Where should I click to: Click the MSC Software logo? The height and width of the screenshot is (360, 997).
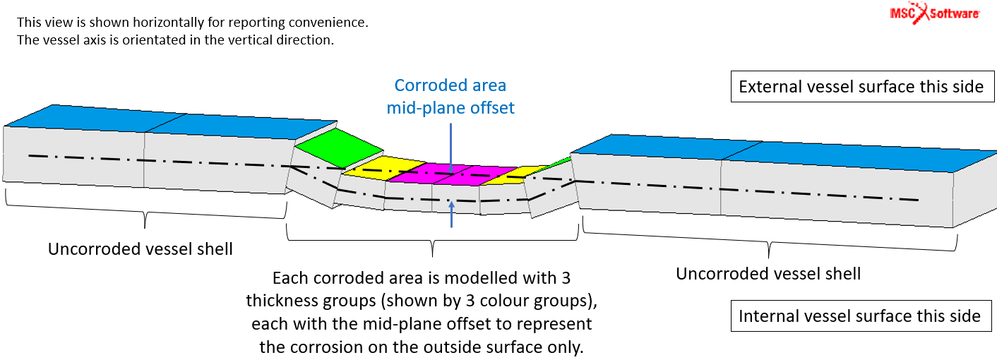pyautogui.click(x=935, y=13)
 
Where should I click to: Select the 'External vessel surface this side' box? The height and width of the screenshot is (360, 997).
pyautogui.click(x=862, y=86)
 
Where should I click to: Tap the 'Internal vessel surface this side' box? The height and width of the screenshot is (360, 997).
pyautogui.click(x=861, y=316)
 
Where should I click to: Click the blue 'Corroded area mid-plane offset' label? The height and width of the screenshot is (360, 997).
pyautogui.click(x=450, y=97)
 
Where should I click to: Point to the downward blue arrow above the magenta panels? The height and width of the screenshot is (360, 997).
pyautogui.click(x=451, y=148)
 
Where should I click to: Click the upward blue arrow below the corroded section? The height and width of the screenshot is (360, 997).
pyautogui.click(x=451, y=215)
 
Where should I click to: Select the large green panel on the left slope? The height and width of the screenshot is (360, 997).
pyautogui.click(x=339, y=148)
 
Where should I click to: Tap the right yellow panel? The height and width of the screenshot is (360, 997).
pyautogui.click(x=515, y=176)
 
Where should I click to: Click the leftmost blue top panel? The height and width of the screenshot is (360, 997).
pyautogui.click(x=95, y=119)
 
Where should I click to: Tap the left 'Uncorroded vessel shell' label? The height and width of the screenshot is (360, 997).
pyautogui.click(x=141, y=248)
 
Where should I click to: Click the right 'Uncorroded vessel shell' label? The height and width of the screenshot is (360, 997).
pyautogui.click(x=768, y=274)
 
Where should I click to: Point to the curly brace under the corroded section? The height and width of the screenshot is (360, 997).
pyautogui.click(x=433, y=240)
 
